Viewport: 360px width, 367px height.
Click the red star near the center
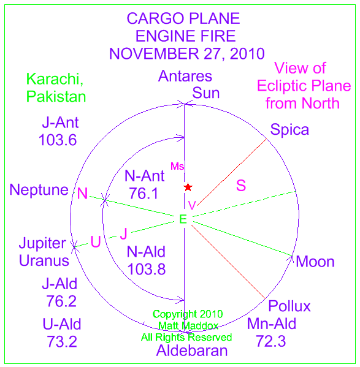click(x=188, y=187)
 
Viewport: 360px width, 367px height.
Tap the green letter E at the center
click(x=183, y=219)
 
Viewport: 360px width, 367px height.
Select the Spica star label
click(x=289, y=130)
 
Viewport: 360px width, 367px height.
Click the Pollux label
click(x=289, y=306)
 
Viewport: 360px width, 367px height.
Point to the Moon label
click(x=315, y=262)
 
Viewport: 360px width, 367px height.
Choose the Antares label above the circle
click(x=185, y=76)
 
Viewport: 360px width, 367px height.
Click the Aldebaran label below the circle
click(x=192, y=350)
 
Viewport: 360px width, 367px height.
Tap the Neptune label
click(x=39, y=190)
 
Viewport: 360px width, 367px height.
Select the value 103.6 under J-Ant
click(x=58, y=140)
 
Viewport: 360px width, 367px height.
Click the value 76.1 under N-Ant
click(x=144, y=194)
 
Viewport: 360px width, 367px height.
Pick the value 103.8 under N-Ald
click(x=147, y=269)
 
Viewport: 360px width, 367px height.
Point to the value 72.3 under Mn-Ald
click(x=270, y=341)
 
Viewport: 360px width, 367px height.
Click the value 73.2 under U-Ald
click(x=62, y=341)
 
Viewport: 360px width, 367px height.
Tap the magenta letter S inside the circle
click(x=241, y=186)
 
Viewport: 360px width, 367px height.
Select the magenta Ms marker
click(x=177, y=166)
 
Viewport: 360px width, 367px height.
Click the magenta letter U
click(x=96, y=241)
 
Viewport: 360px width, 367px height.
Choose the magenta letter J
click(x=124, y=233)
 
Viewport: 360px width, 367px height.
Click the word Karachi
click(x=55, y=80)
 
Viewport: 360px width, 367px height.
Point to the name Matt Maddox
click(x=188, y=326)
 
